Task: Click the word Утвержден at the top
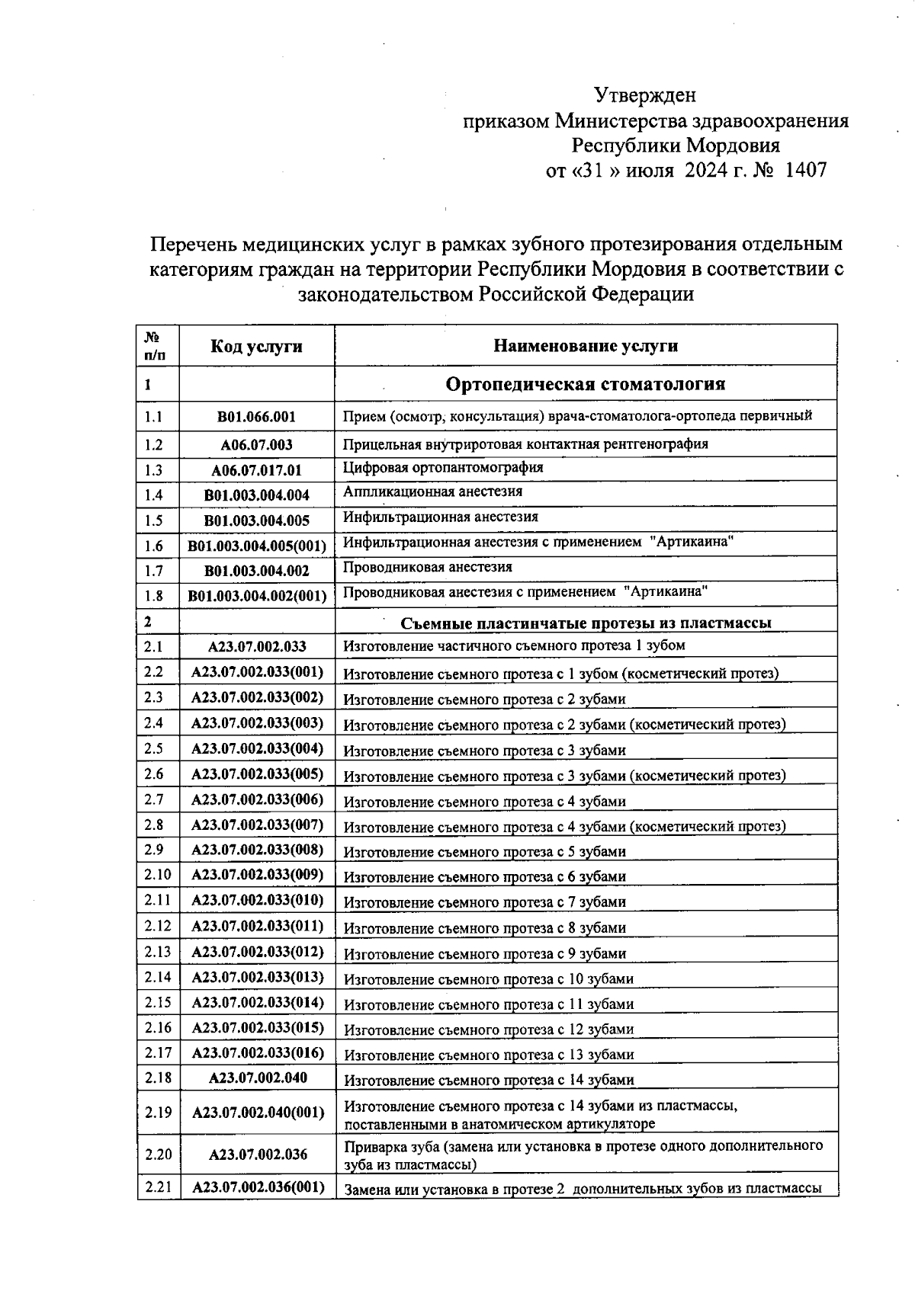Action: point(645,95)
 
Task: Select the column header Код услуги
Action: point(256,347)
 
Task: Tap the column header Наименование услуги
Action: point(586,346)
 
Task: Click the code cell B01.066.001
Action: point(256,417)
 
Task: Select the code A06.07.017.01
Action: point(256,470)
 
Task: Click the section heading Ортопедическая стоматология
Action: point(586,384)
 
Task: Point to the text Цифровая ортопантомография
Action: point(443,467)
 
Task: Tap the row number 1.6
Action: point(154,546)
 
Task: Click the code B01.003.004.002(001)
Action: point(257,596)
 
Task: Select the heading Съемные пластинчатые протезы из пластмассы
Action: point(586,623)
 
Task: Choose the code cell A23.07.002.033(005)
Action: point(257,774)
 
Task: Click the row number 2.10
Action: point(157,875)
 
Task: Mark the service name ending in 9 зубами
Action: point(485,953)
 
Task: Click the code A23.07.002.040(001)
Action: point(257,1113)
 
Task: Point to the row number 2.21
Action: point(158,1187)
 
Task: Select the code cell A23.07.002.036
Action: point(257,1154)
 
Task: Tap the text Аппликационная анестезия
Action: point(432,492)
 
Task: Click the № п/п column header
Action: point(153,345)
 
